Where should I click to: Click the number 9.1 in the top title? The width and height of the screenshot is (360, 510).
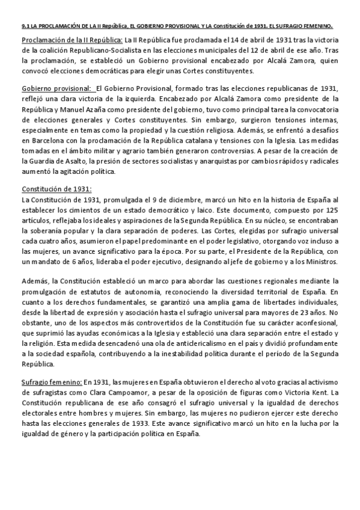[x=19, y=26]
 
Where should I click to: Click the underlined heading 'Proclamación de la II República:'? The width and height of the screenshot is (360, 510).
[x=63, y=40]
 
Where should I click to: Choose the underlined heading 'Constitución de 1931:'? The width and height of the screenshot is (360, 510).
[x=56, y=189]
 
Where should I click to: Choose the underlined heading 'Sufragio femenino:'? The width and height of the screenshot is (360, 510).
[x=52, y=382]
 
